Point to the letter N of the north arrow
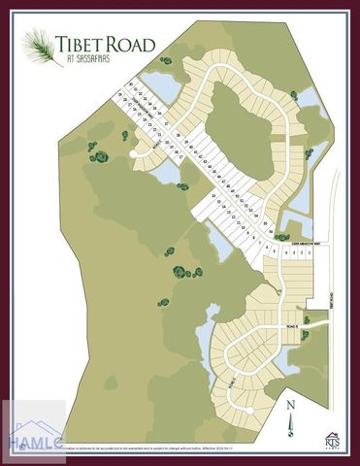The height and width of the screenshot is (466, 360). pyautogui.click(x=290, y=401)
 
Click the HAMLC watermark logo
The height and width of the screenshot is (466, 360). pyautogui.click(x=33, y=433)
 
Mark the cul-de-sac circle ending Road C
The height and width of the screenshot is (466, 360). pyautogui.click(x=250, y=410)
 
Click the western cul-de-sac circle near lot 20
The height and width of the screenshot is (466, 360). pyautogui.click(x=133, y=154)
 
